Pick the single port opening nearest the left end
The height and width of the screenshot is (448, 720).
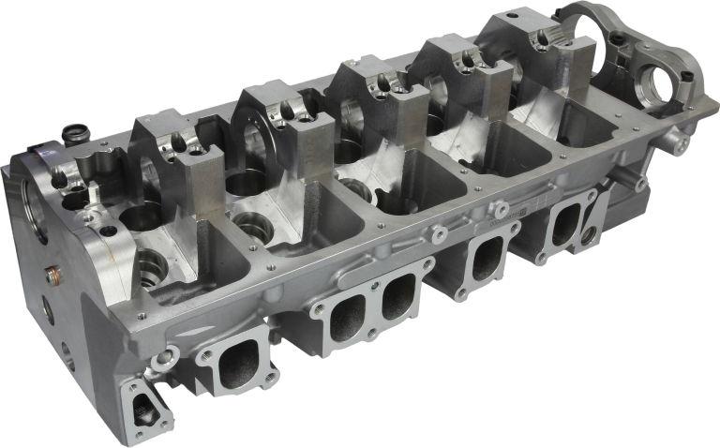232,363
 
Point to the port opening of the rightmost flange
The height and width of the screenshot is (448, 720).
566,225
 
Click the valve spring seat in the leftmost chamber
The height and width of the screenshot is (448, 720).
150,268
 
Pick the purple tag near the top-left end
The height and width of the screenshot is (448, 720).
39,151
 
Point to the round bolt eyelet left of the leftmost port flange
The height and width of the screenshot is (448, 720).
169,356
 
